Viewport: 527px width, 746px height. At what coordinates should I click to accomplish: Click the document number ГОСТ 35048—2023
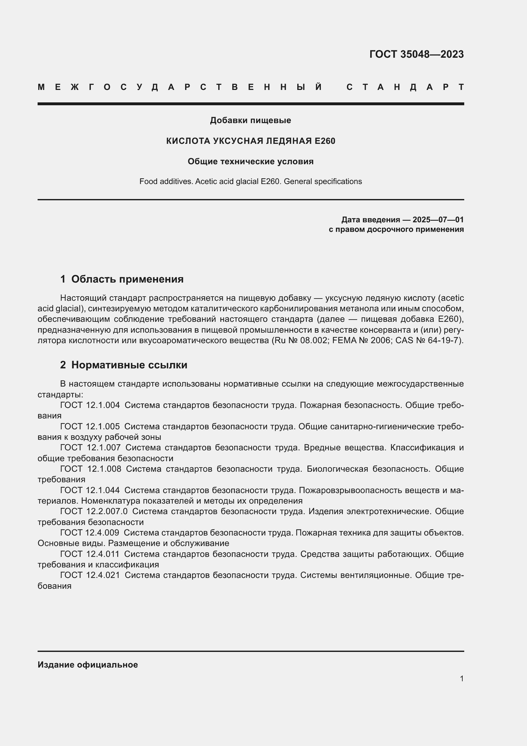coord(416,54)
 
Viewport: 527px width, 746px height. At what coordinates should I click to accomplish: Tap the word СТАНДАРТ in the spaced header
coord(405,87)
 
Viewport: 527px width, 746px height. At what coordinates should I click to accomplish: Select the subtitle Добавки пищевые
coord(250,120)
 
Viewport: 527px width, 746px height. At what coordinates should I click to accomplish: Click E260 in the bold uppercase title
coord(325,141)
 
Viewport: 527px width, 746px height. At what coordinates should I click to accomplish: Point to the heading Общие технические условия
coord(250,161)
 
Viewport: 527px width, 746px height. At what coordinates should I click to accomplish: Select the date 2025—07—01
coord(438,220)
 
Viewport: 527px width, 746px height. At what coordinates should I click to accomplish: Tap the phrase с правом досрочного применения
coord(396,229)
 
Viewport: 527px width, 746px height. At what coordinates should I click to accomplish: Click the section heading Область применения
coord(127,279)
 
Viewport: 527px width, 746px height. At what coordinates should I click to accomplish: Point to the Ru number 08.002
coord(314,341)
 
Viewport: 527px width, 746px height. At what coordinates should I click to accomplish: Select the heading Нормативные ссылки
coord(129,365)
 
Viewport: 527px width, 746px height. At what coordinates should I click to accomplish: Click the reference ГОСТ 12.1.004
coord(90,405)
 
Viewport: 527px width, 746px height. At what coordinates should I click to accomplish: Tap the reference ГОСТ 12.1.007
coord(90,447)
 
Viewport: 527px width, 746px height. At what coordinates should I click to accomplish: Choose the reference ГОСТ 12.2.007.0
coord(94,511)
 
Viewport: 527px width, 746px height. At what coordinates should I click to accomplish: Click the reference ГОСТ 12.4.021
coord(90,575)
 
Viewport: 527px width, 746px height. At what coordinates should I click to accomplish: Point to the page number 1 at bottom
coord(461,678)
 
